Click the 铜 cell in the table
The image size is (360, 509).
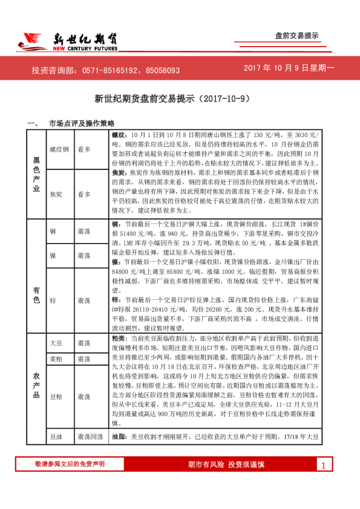[53, 232]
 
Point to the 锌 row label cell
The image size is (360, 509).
[53, 300]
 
